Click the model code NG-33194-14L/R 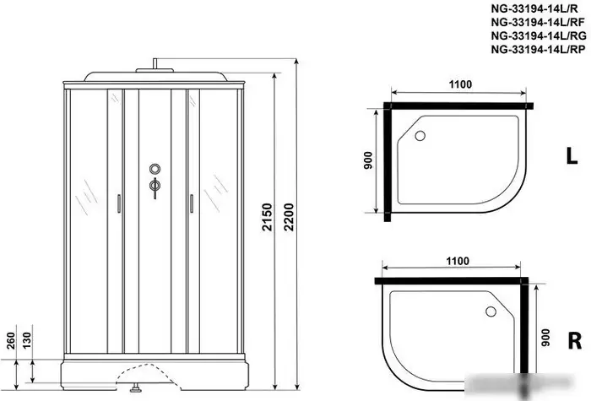[x=534, y=8]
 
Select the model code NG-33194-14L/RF [x=538, y=22]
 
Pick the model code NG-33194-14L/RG [x=539, y=35]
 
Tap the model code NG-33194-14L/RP [x=539, y=49]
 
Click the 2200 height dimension [x=289, y=217]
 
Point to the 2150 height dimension [x=268, y=217]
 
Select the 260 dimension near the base [x=11, y=341]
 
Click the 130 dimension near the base [x=27, y=341]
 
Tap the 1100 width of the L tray [x=460, y=84]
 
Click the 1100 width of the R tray [x=458, y=261]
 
